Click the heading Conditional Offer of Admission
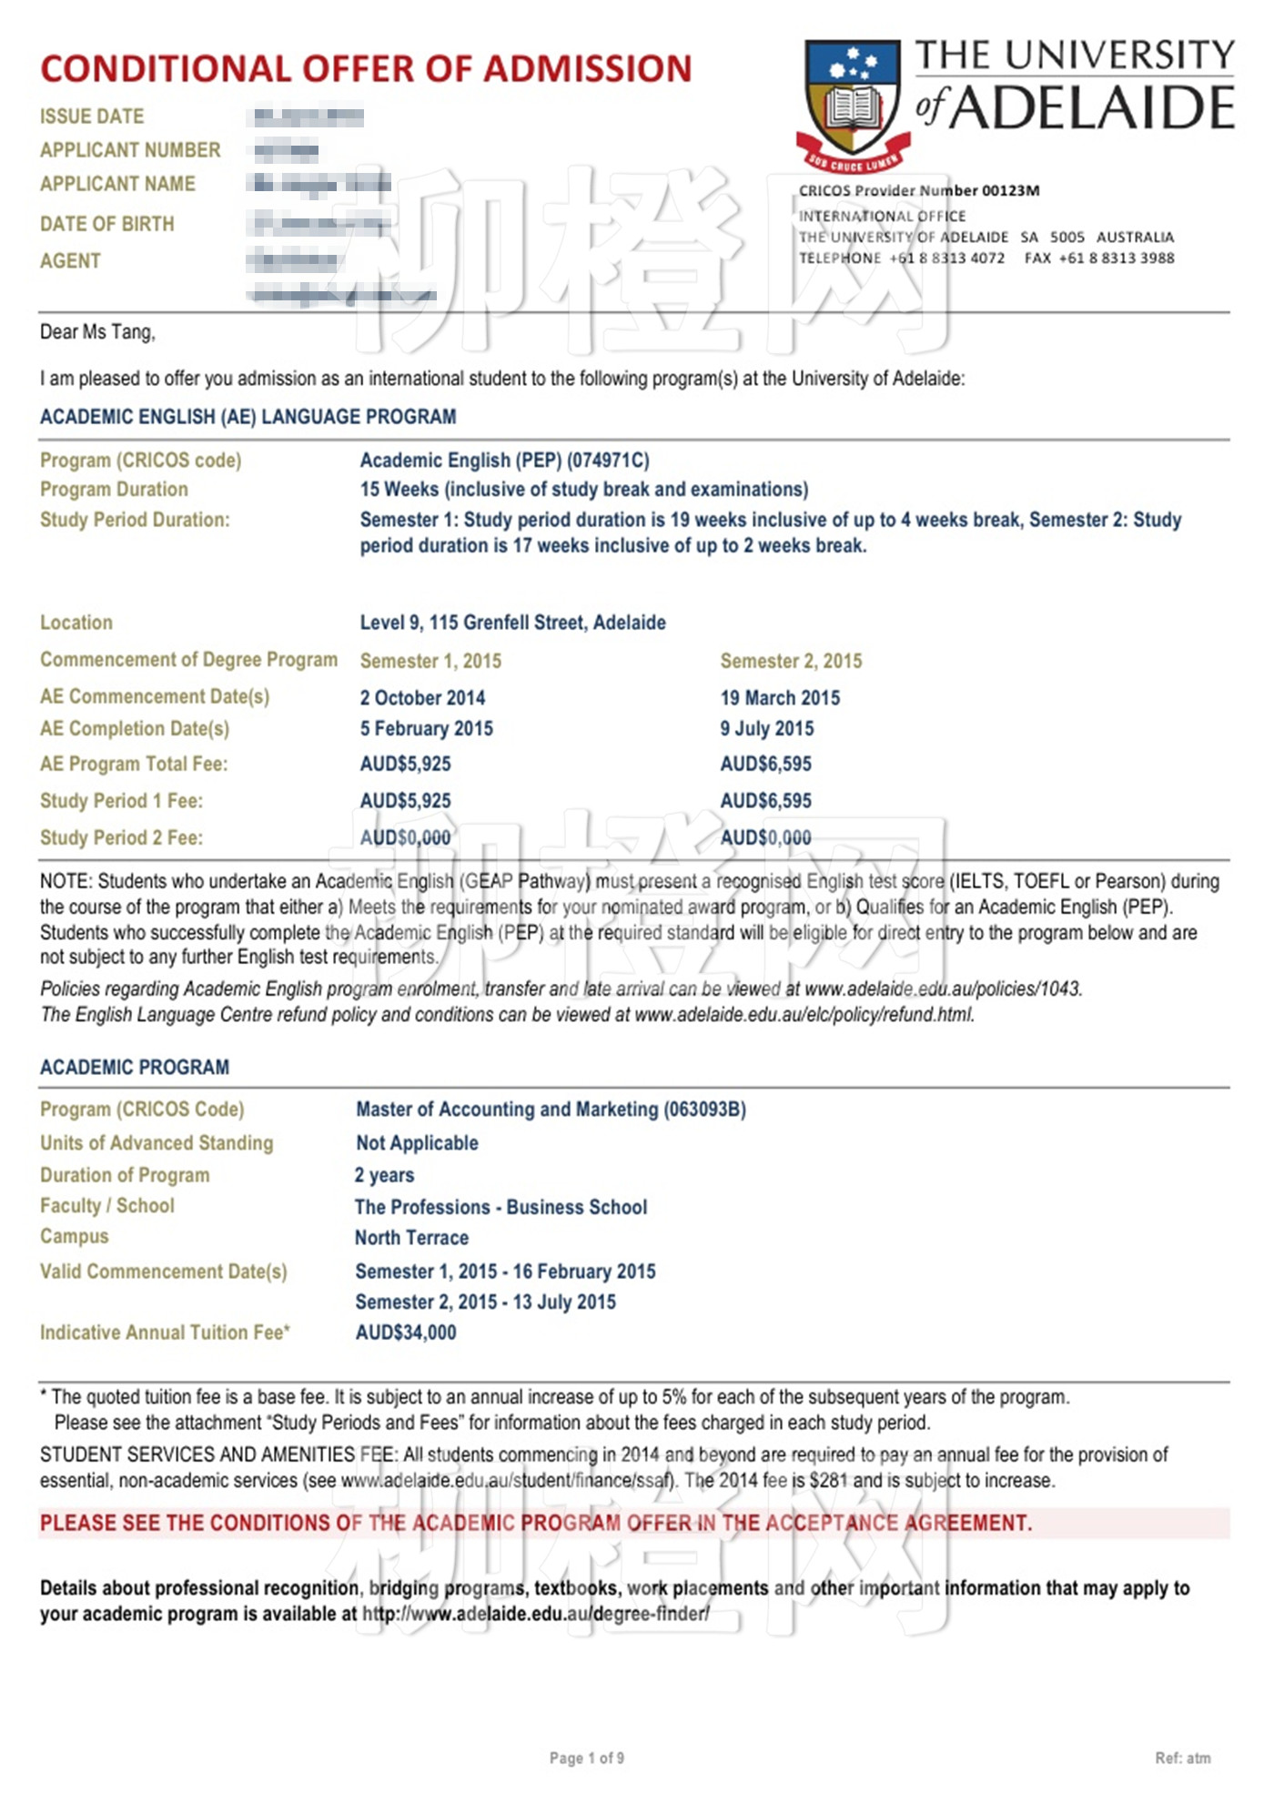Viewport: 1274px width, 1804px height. pos(366,69)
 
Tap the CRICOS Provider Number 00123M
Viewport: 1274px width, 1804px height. pos(918,190)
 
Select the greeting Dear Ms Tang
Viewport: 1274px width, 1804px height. pos(97,332)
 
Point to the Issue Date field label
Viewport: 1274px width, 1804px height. pos(92,117)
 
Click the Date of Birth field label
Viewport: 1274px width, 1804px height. pos(106,224)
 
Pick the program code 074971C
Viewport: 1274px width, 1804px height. pos(609,461)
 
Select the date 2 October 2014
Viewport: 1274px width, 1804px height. pos(422,698)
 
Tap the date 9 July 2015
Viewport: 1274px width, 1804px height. pos(766,729)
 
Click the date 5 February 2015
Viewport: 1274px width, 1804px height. pos(426,729)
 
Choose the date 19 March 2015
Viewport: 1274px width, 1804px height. pos(780,698)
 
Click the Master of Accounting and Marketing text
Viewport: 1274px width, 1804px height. pos(507,1110)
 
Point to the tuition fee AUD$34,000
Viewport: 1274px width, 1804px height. pos(406,1333)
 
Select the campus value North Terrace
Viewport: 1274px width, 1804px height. pos(411,1238)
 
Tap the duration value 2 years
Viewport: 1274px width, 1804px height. pos(384,1175)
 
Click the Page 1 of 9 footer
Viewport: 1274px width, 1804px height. pos(586,1758)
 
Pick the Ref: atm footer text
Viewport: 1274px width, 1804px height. pos(1182,1758)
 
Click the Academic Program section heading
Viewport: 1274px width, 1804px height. pos(135,1068)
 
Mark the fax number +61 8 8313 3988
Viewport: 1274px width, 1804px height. pos(1116,258)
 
